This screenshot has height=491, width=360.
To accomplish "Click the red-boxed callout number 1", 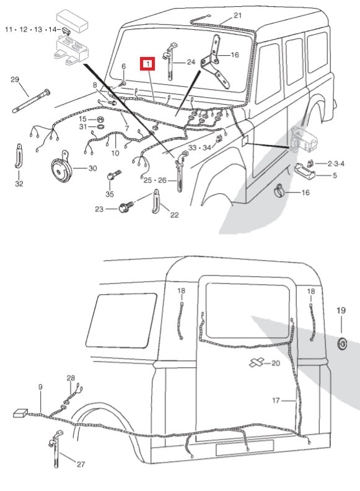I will [x=149, y=64].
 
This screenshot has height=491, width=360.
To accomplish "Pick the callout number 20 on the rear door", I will [x=276, y=363].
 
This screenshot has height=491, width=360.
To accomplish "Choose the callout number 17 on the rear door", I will [x=277, y=401].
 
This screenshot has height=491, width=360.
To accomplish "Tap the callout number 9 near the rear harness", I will [x=40, y=387].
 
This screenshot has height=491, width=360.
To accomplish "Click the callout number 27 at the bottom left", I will [x=80, y=464].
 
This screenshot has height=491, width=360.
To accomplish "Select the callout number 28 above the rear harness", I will [x=71, y=378].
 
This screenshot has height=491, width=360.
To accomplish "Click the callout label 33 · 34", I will [x=200, y=148].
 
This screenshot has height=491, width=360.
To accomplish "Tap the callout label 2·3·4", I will [x=335, y=163].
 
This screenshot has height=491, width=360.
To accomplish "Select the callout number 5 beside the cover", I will [x=335, y=176].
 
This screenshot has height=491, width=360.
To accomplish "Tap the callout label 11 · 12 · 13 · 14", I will [x=32, y=29].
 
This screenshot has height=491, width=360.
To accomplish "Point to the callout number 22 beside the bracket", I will [x=174, y=215].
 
